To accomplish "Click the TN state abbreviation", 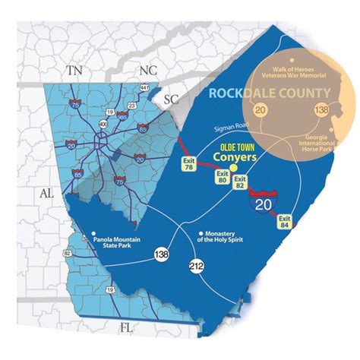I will coord(74,70).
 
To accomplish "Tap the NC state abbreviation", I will coord(147,70).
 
